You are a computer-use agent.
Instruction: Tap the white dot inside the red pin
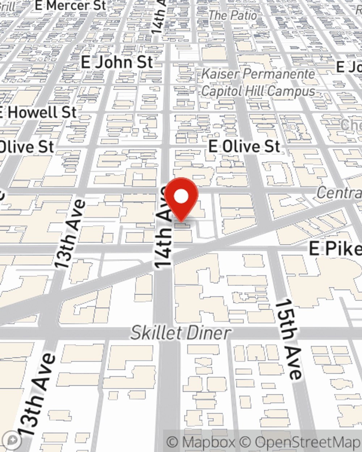click(x=181, y=197)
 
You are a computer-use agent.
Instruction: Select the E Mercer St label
click(x=71, y=5)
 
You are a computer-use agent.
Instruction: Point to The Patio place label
click(x=233, y=15)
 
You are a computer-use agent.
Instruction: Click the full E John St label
click(x=117, y=62)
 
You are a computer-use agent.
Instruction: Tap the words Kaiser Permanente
click(x=258, y=74)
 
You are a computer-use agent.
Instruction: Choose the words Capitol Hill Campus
click(x=258, y=91)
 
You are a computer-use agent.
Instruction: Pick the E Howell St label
click(x=38, y=112)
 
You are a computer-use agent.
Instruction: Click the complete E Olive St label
click(x=244, y=146)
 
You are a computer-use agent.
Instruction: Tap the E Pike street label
click(x=335, y=249)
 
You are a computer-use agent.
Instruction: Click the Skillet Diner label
click(x=181, y=333)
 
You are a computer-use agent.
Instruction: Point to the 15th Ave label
click(x=289, y=339)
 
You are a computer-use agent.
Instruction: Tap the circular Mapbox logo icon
click(x=13, y=440)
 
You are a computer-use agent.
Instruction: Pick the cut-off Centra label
click(x=338, y=193)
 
